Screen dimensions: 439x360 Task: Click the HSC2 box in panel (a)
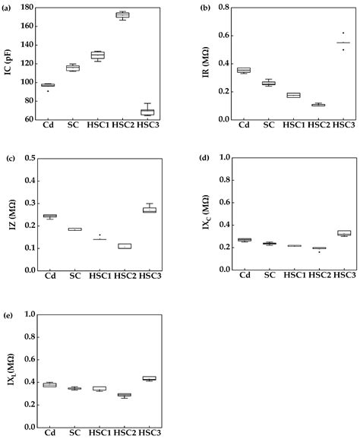122,14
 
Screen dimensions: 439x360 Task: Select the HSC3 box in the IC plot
147,112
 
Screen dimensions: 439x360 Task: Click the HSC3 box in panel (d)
344,233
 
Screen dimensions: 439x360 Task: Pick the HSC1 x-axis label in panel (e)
97,433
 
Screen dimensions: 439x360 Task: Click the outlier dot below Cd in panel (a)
48,91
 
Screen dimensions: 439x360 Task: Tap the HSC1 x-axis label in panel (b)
294,127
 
